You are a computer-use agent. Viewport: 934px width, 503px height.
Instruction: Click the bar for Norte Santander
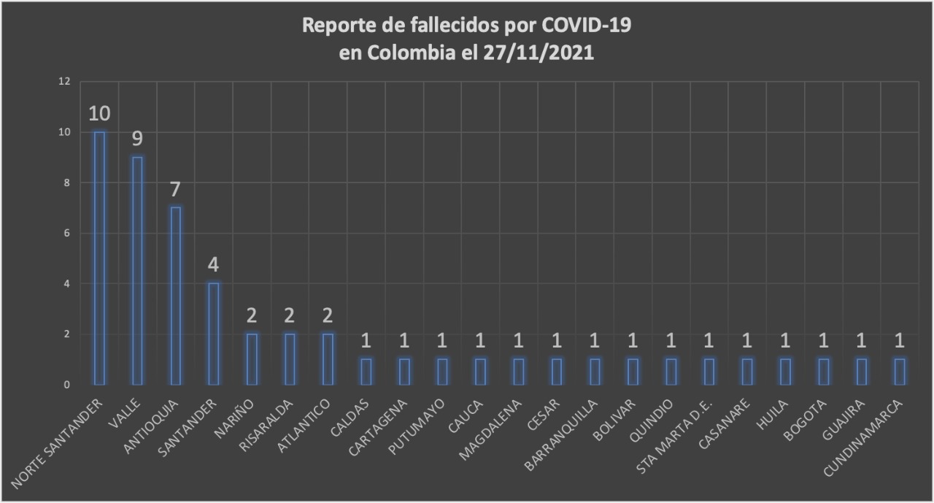coord(99,258)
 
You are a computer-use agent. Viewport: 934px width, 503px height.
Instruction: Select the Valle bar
coord(137,270)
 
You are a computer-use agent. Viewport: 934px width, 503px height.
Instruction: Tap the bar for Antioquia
coord(175,296)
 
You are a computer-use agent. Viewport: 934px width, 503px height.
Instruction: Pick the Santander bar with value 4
coord(213,334)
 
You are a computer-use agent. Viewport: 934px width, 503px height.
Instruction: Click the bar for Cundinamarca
coord(900,372)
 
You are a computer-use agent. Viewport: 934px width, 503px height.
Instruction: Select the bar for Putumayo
coord(442,372)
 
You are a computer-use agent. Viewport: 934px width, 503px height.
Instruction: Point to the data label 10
coord(99,114)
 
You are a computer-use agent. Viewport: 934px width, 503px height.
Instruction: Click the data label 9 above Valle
coord(137,139)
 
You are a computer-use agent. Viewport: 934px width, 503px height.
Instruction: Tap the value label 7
coord(175,190)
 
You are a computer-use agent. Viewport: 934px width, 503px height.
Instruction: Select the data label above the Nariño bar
coord(252,316)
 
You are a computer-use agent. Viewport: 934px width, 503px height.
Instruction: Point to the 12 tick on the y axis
coord(64,82)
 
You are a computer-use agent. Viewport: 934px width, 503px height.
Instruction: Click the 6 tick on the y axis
coord(66,234)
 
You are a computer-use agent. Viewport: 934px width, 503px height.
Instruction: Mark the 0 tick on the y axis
coord(66,385)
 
